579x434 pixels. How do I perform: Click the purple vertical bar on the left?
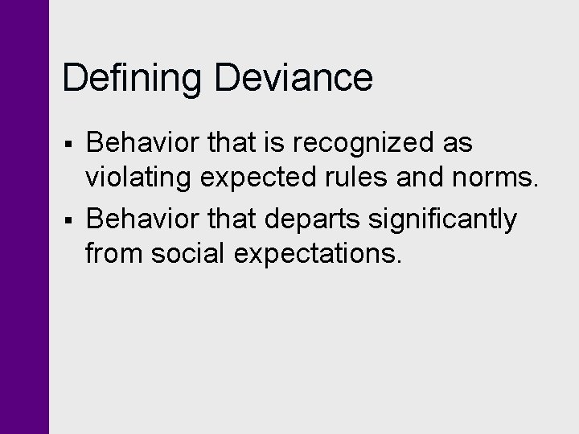click(x=24, y=217)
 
